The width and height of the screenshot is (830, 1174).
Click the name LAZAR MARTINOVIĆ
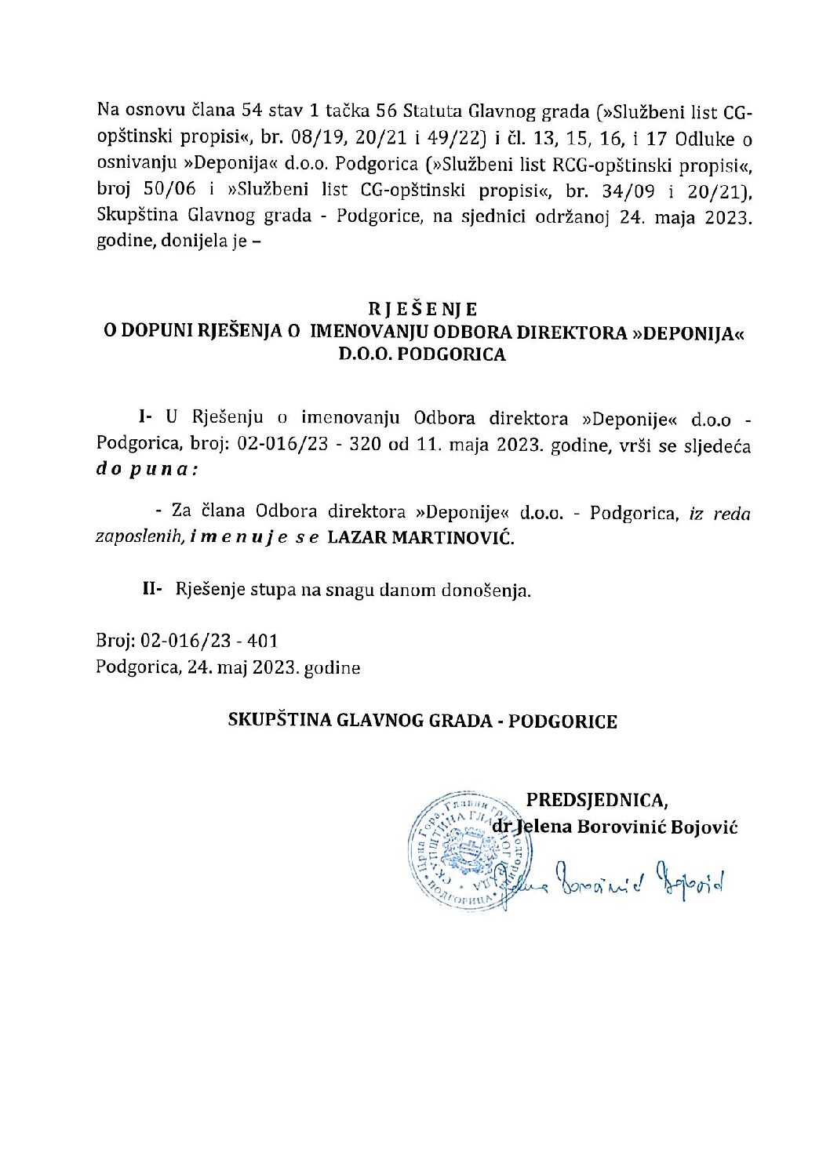[420, 538]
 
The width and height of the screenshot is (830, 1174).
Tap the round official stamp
[469, 850]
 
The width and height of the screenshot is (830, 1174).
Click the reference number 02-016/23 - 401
[209, 641]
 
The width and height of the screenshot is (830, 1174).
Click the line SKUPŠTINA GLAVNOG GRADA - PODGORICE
[422, 721]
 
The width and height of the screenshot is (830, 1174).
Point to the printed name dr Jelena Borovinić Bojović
[614, 827]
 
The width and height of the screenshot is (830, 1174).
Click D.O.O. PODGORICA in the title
[422, 354]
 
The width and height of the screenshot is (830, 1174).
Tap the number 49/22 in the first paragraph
[453, 139]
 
